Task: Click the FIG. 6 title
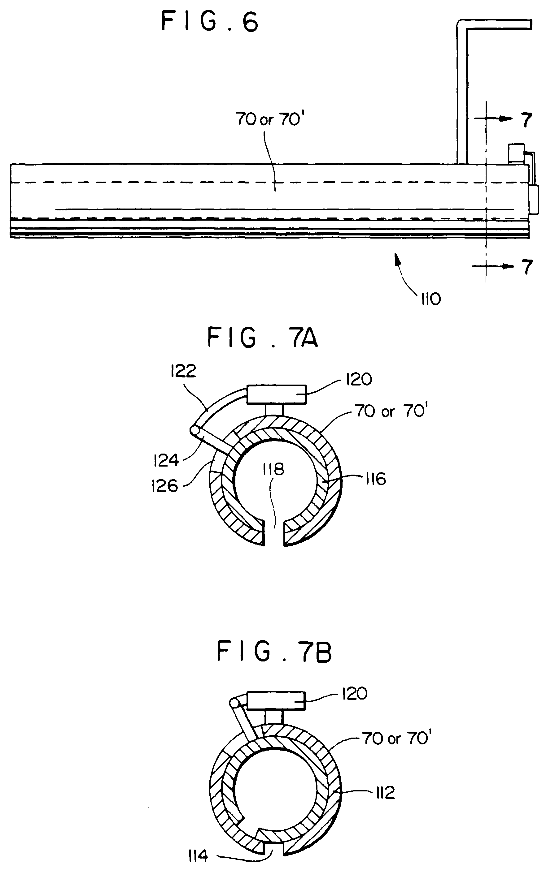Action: click(210, 21)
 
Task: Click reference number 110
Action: click(430, 299)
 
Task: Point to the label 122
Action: click(183, 371)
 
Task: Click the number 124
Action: click(166, 460)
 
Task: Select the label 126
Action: click(164, 486)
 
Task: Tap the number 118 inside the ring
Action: click(274, 469)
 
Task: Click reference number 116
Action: click(376, 479)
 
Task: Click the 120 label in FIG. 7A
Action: click(359, 379)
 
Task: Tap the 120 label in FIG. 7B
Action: click(354, 693)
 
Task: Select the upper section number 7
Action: click(527, 120)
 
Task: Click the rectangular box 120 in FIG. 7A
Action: click(277, 394)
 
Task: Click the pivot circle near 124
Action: click(195, 430)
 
